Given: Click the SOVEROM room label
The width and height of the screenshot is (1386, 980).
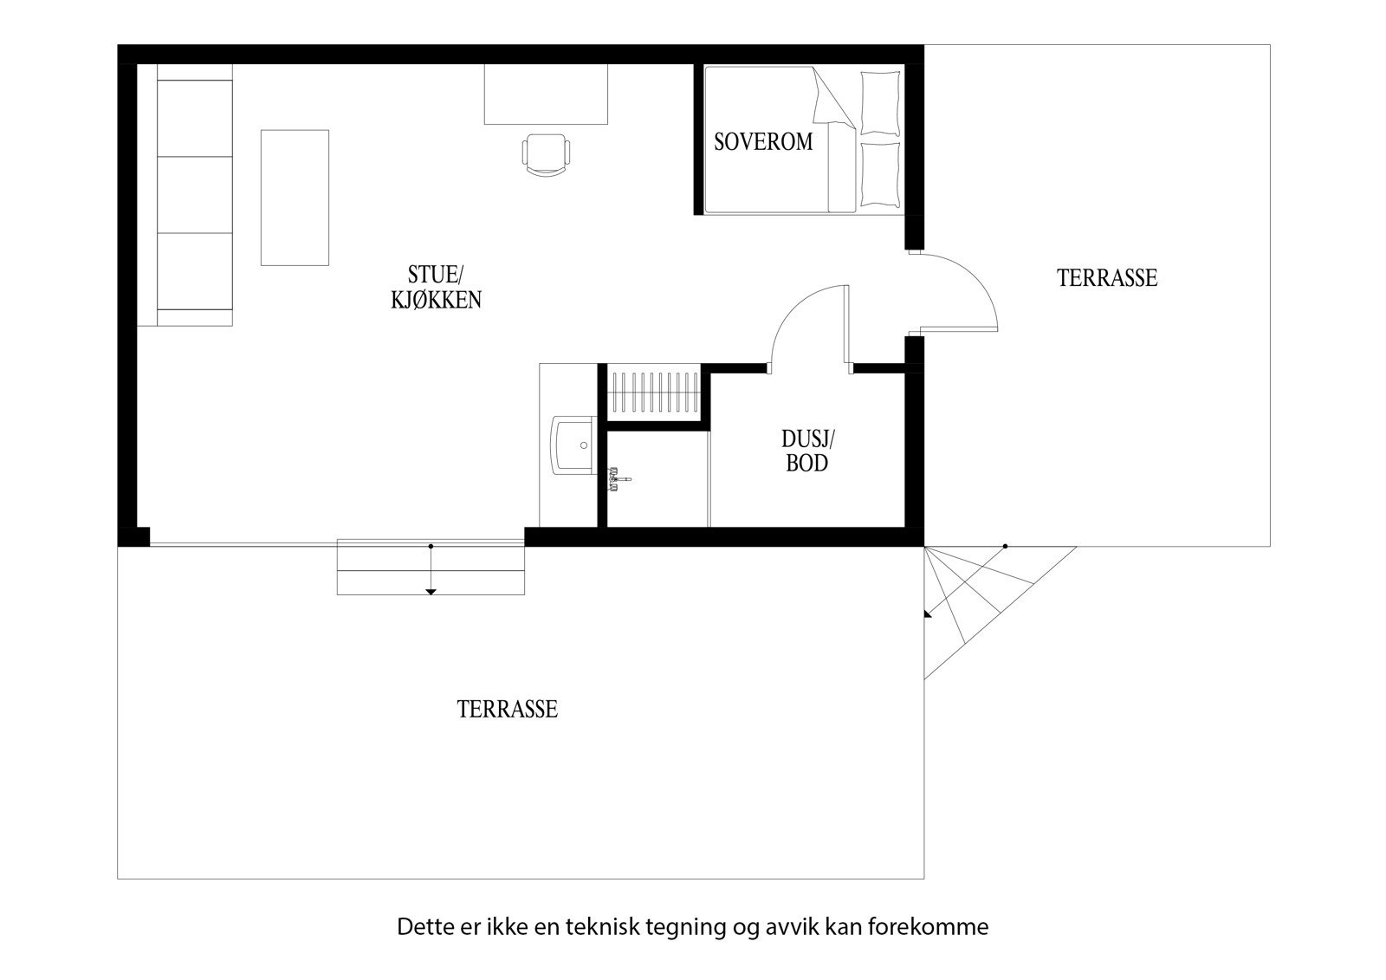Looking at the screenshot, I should (x=763, y=141).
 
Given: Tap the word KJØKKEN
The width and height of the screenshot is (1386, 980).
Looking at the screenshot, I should (x=436, y=300).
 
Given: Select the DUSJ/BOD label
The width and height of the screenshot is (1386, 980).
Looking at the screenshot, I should (x=806, y=451).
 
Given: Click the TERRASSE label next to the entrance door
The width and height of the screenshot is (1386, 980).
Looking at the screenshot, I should (x=1106, y=278).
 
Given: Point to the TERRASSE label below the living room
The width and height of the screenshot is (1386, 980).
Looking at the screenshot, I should (x=507, y=710).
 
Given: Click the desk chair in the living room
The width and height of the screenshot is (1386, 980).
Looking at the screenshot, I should (x=547, y=155).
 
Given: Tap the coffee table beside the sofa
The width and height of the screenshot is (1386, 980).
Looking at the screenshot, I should (x=295, y=198).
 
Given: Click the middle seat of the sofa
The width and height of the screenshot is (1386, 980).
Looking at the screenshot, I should (x=195, y=194).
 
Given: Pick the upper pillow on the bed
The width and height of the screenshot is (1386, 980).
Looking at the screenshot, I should (x=880, y=102).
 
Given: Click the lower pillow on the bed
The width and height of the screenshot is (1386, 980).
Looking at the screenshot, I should (x=880, y=174).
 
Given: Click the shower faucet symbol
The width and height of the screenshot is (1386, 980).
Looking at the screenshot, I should (x=619, y=478).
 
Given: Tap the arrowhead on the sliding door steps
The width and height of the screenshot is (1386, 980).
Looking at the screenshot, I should (x=431, y=592).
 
